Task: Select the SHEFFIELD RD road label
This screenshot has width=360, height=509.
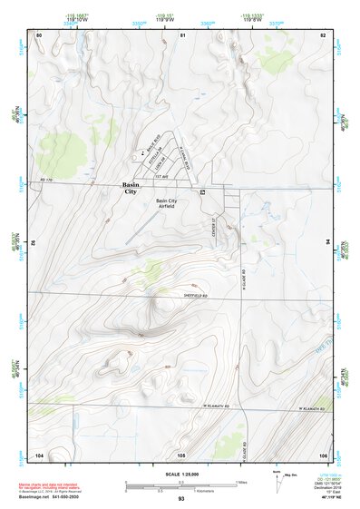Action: [195, 295]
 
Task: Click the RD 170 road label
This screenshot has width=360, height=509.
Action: [48, 182]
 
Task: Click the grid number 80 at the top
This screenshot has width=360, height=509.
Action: [39, 34]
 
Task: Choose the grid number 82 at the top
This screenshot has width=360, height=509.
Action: [322, 34]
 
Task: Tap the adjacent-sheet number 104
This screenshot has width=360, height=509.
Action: [39, 454]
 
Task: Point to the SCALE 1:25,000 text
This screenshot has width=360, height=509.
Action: [180, 475]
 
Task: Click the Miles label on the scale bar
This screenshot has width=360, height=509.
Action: [242, 481]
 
